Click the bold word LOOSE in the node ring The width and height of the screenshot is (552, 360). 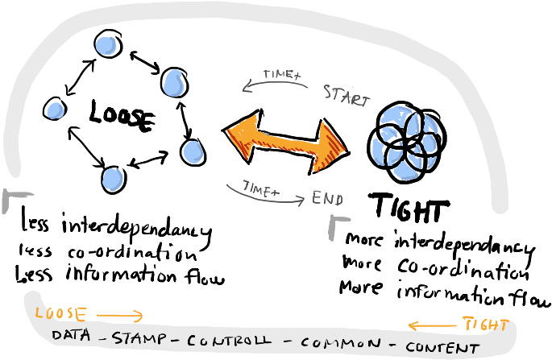121,116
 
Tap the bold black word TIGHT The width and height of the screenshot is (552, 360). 409,207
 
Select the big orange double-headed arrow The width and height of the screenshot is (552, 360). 285,142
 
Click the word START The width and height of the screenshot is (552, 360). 347,96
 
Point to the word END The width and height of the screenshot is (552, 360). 327,198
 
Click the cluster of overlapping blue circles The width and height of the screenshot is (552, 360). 407,143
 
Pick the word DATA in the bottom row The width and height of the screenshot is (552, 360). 71,335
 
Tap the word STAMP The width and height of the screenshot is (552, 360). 139,337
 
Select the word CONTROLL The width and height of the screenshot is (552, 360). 229,341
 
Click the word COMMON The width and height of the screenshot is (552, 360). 340,343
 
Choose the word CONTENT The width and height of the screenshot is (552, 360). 442,348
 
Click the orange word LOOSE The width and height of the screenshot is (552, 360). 60,313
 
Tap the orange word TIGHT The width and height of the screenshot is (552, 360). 486,324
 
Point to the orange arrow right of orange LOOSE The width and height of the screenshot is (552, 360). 120,316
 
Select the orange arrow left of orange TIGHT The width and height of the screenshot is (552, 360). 432,326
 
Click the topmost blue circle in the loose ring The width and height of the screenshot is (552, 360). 108,43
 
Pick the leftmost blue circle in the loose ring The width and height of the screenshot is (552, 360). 55,109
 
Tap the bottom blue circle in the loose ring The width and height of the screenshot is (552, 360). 113,179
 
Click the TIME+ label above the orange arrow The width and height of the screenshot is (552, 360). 282,75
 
